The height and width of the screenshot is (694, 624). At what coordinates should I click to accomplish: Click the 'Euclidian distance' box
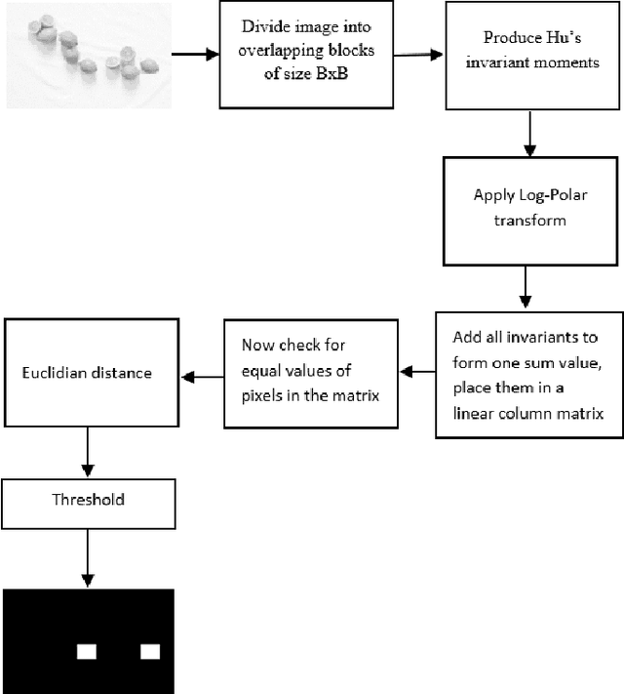89,372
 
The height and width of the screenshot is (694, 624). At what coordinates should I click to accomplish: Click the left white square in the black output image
88,651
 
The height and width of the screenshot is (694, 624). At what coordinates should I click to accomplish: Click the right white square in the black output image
149,651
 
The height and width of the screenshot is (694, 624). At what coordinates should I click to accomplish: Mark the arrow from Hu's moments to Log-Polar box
527,131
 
